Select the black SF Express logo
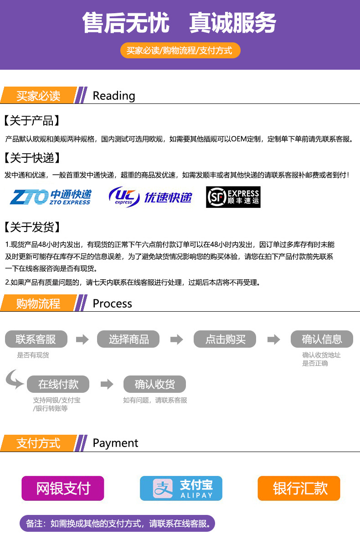coord(233,197)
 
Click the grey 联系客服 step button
coord(36,339)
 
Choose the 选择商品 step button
coord(129,339)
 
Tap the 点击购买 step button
coord(225,339)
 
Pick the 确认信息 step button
coord(322,339)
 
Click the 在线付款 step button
coord(58,384)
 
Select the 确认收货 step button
coord(154,384)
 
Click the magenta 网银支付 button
coord(63,488)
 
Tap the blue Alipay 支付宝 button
coord(181,488)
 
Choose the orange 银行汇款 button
coord(299,488)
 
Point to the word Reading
coord(114,96)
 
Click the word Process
coord(112,303)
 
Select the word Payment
coord(115,443)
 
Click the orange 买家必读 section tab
coord(38,96)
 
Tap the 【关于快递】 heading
coord(32,158)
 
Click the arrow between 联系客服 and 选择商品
coord(82,339)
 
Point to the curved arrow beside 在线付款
coord(14,380)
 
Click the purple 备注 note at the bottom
coord(117,524)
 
